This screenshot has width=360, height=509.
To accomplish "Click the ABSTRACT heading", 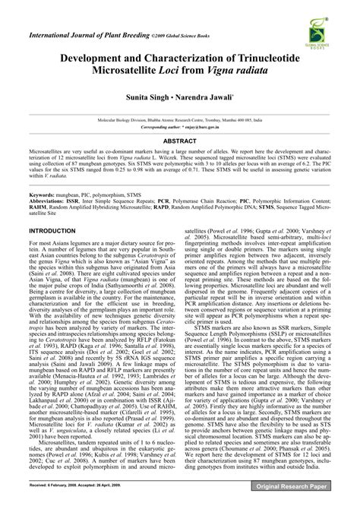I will coord(179,141).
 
